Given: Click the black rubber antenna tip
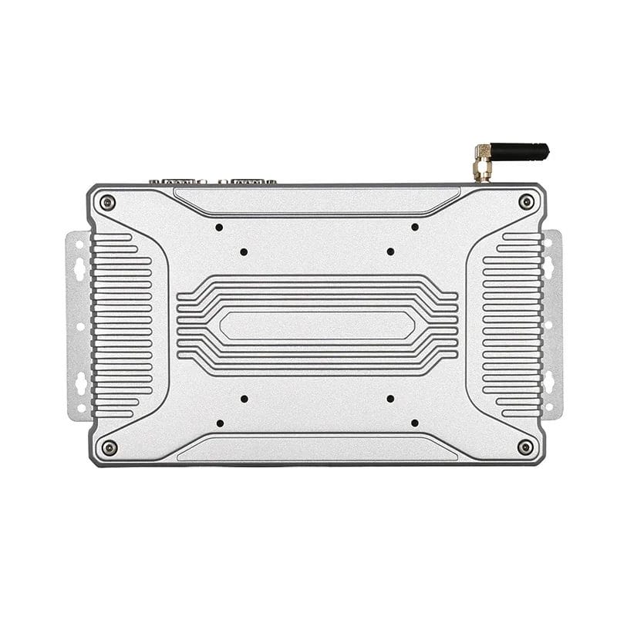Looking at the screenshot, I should pyautogui.click(x=521, y=151).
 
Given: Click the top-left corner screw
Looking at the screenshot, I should pyautogui.click(x=108, y=203).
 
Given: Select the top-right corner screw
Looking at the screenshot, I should pyautogui.click(x=526, y=202).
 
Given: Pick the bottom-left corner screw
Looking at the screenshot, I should pyautogui.click(x=110, y=447).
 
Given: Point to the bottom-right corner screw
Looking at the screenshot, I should pyautogui.click(x=525, y=447).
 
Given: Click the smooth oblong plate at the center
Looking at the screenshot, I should pyautogui.click(x=317, y=325).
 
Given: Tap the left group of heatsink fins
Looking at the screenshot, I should pyautogui.click(x=122, y=325).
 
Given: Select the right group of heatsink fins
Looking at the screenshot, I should pyautogui.click(x=511, y=325).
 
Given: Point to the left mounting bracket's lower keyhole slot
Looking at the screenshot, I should pyautogui.click(x=79, y=383).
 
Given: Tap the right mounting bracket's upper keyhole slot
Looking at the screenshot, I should pyautogui.click(x=549, y=267).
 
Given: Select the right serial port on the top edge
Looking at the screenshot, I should pyautogui.click(x=248, y=182).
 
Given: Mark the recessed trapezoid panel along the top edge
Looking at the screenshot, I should pyautogui.click(x=317, y=200).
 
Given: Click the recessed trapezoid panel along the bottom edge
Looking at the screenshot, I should pyautogui.click(x=317, y=450).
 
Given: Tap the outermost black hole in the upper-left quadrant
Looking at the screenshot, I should pyautogui.click(x=219, y=228).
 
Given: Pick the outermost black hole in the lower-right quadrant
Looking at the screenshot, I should pyautogui.click(x=415, y=423).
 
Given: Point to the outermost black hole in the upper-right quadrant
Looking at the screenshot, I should pyautogui.click(x=415, y=227).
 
